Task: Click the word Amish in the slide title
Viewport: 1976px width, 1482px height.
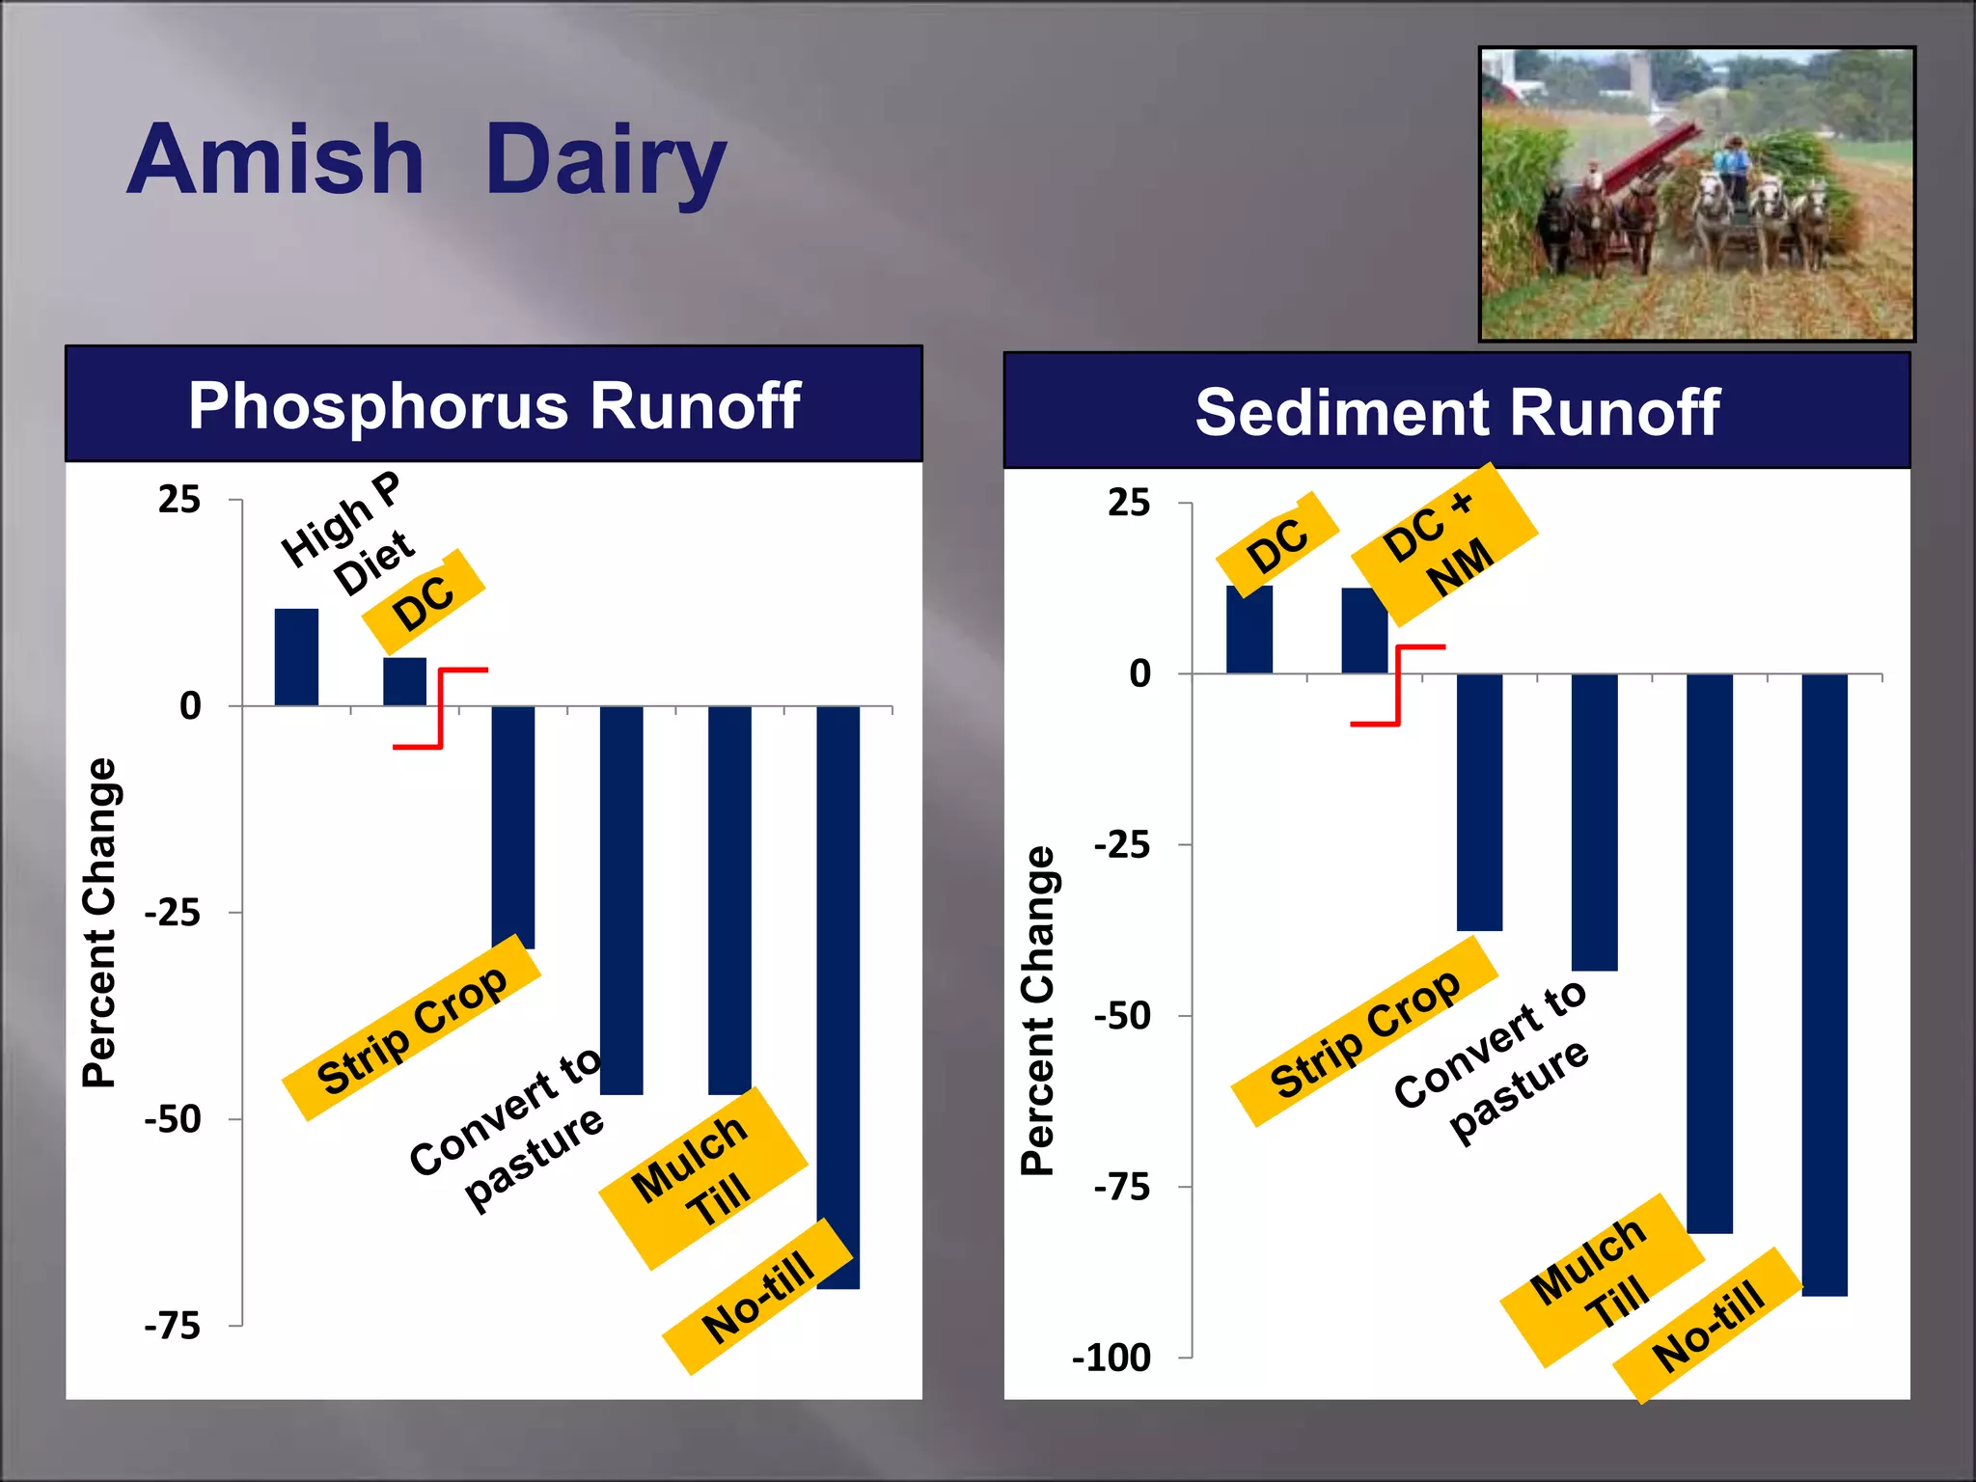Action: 276,160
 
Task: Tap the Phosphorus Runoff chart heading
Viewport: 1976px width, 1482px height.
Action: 494,405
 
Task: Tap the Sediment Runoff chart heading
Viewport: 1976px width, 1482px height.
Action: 1457,412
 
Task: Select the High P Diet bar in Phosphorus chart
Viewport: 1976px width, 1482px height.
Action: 296,657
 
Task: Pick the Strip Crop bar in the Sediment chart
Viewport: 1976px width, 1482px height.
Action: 1479,801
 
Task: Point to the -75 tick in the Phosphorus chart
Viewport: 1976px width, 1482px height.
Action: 173,1326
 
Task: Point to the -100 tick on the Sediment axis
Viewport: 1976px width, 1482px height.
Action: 1111,1358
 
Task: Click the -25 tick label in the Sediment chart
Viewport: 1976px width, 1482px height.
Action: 1122,845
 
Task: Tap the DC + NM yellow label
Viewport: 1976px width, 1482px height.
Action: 1443,545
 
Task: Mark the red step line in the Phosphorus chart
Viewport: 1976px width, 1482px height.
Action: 441,708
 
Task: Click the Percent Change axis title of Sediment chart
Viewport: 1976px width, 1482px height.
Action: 1038,1010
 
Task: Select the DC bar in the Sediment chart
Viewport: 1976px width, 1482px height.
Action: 1249,629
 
